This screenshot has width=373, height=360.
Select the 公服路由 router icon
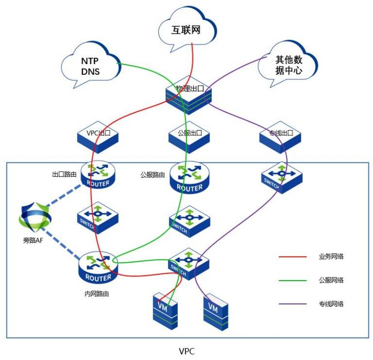click(190, 178)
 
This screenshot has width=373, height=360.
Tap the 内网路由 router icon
click(98, 268)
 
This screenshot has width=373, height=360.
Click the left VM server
click(165, 310)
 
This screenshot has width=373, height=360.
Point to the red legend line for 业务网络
click(292, 256)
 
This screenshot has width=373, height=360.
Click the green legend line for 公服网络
click(292, 280)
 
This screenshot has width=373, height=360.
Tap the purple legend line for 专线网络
click(292, 304)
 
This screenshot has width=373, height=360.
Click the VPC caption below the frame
click(186, 351)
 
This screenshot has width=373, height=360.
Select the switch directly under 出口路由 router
click(97, 217)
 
